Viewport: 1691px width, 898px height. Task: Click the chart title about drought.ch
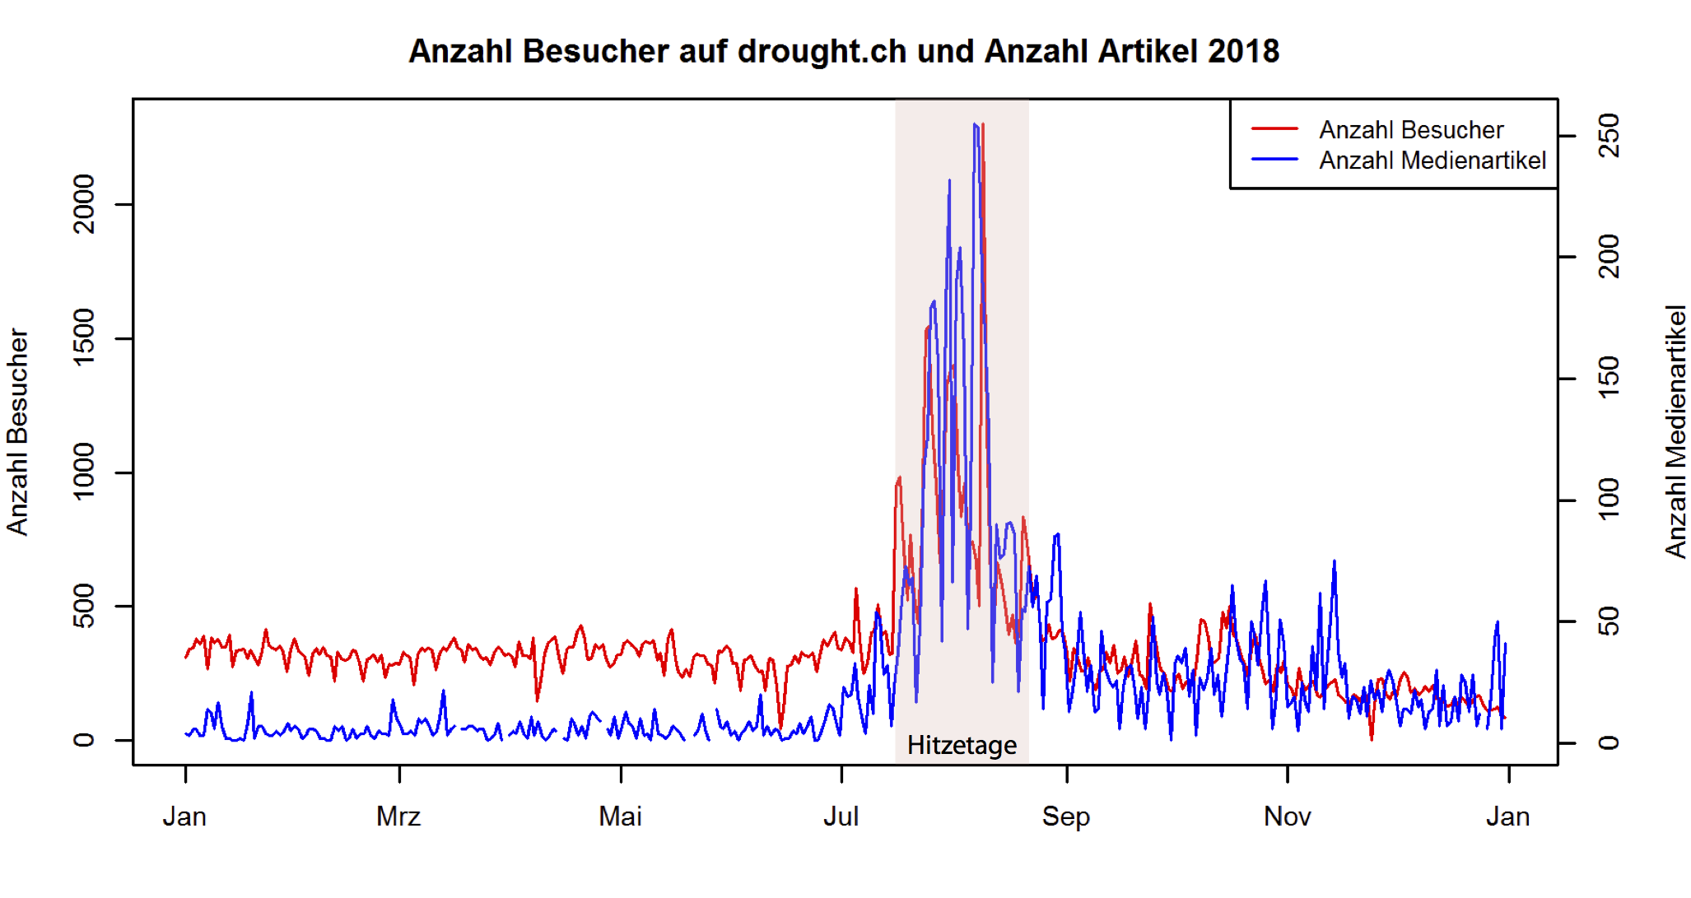click(x=844, y=51)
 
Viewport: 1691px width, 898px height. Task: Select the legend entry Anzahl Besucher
click(x=1410, y=130)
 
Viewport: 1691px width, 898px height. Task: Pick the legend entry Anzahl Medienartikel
click(x=1432, y=161)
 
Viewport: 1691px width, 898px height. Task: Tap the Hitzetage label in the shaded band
click(x=962, y=745)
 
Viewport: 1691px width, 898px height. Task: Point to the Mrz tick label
click(x=398, y=817)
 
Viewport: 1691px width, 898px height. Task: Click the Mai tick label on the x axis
click(x=620, y=817)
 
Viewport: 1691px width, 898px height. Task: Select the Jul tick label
click(x=841, y=817)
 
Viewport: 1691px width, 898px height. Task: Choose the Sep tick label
click(x=1066, y=817)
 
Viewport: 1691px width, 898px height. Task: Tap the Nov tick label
click(x=1287, y=817)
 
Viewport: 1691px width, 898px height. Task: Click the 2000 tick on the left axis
click(x=84, y=204)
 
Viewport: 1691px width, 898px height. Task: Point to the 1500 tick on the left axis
click(x=84, y=337)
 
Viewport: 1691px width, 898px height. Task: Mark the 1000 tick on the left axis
click(x=84, y=472)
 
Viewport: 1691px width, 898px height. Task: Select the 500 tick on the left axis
click(x=84, y=606)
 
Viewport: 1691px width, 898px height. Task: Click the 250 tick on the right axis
click(x=1608, y=136)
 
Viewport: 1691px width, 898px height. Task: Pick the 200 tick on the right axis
click(x=1608, y=257)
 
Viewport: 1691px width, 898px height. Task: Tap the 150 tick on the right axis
click(x=1608, y=379)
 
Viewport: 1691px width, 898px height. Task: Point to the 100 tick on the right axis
click(x=1608, y=500)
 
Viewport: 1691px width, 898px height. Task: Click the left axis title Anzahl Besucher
click(x=18, y=432)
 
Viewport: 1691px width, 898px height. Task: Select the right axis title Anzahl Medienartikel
click(x=1675, y=432)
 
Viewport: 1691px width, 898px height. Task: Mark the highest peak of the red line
click(x=983, y=125)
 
